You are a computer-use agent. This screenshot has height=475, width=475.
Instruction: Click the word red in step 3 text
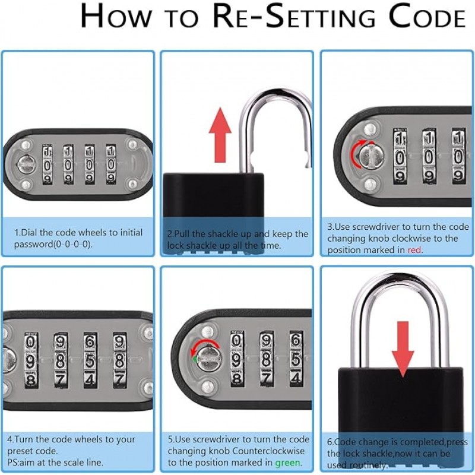[414, 250]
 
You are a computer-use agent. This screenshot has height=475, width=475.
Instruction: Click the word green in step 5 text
[287, 463]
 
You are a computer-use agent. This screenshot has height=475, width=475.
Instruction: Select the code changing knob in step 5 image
[208, 357]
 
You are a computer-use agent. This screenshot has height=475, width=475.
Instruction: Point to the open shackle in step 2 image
[274, 128]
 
